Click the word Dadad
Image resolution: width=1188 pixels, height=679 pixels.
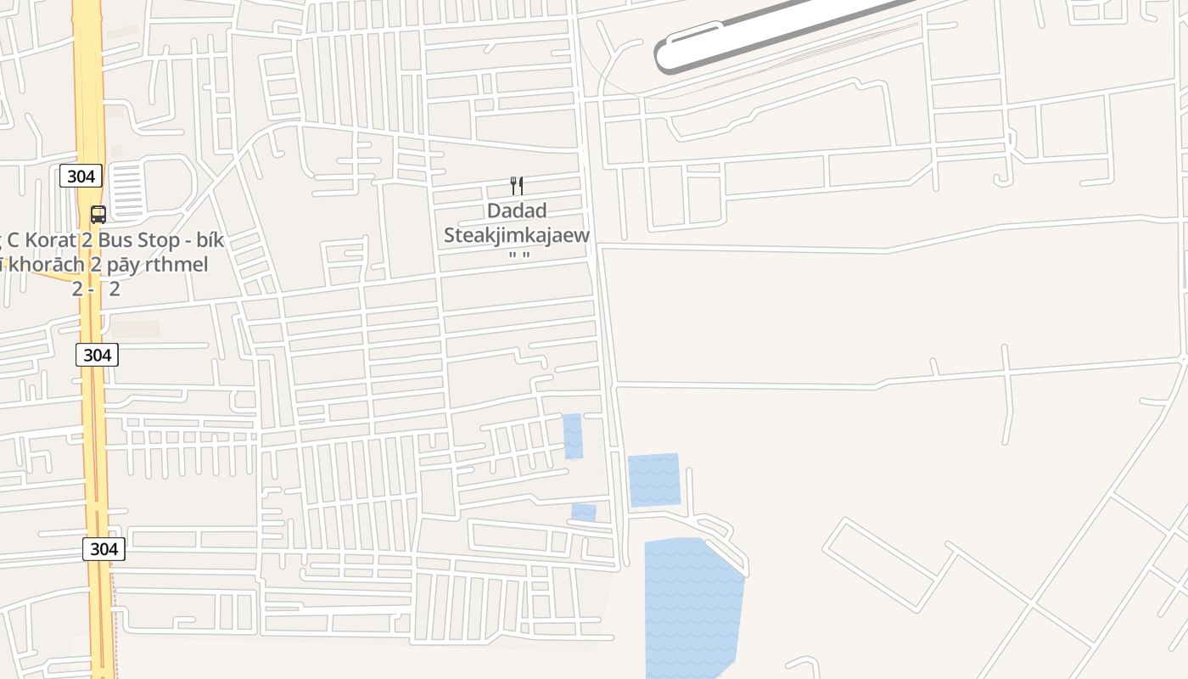pos(516,211)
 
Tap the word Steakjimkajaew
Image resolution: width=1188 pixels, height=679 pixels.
pos(516,235)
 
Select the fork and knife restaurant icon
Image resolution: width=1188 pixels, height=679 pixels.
pos(516,186)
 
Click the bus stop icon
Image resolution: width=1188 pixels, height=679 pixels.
pos(98,215)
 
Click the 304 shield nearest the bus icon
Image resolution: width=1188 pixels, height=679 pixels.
pos(81,177)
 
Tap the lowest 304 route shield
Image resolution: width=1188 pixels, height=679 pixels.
pos(104,549)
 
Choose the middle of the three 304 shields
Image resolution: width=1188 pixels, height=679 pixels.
pos(97,355)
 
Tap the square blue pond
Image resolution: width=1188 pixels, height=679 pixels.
pos(654,480)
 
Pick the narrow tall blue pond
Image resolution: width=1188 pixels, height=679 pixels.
pos(573,436)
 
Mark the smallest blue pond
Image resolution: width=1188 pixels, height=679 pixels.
pos(584,513)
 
